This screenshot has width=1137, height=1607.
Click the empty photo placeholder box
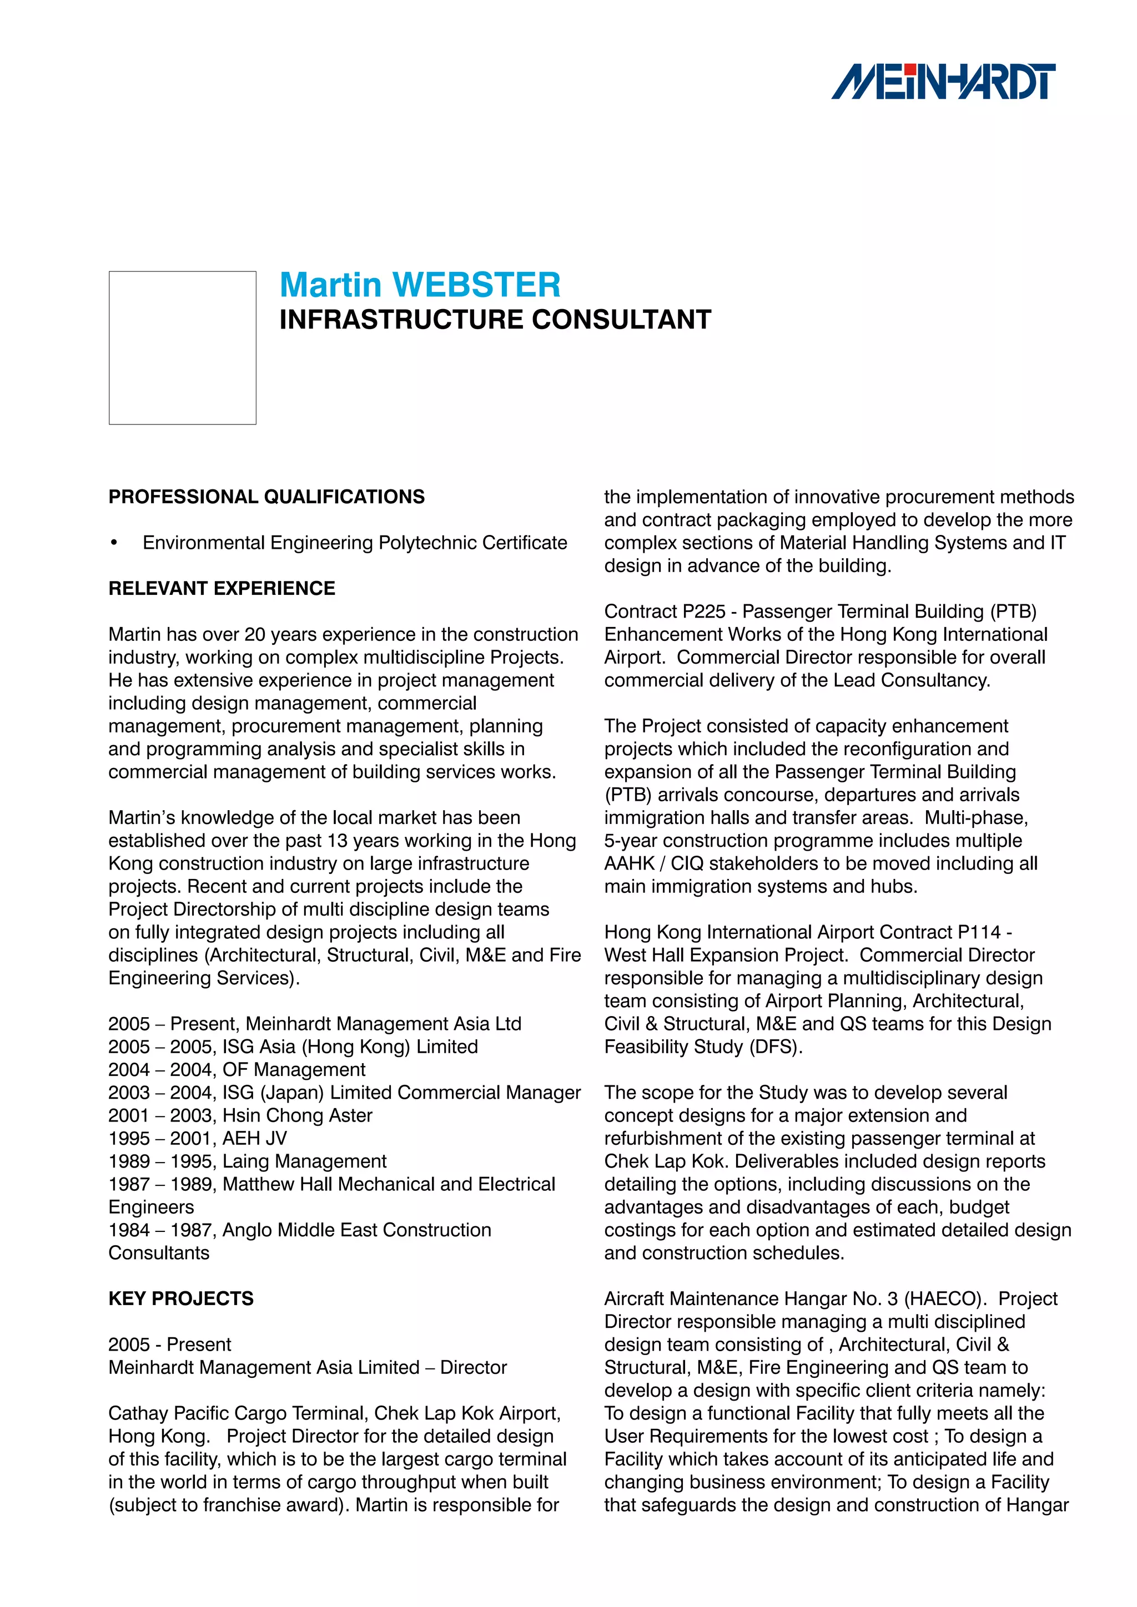click(x=182, y=348)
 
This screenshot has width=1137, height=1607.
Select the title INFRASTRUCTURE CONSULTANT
click(x=495, y=320)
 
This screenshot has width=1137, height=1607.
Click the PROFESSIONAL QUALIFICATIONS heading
click(x=266, y=497)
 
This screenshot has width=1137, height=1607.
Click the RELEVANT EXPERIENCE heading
click(x=222, y=589)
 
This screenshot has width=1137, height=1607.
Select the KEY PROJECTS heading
click(x=180, y=1299)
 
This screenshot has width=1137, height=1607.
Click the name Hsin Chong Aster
click(x=297, y=1116)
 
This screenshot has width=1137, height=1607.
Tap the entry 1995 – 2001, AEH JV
click(x=198, y=1139)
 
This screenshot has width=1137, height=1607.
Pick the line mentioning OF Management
click(x=237, y=1070)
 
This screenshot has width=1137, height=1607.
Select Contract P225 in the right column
click(x=665, y=612)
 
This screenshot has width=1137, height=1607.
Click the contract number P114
click(x=979, y=932)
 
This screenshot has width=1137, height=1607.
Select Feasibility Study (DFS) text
click(x=702, y=1047)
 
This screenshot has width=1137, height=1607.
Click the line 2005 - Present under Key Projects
click(x=169, y=1345)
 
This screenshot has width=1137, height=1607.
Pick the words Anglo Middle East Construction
click(x=356, y=1230)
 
